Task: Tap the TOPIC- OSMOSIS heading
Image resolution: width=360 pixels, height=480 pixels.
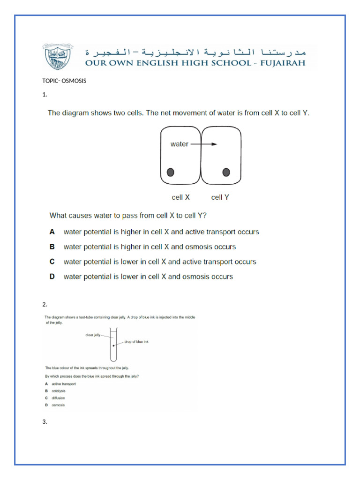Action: (64, 81)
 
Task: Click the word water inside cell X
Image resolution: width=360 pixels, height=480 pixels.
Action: (179, 144)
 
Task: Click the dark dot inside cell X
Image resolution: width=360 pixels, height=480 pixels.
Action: (171, 172)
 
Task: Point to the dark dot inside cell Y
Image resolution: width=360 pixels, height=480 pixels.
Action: (226, 172)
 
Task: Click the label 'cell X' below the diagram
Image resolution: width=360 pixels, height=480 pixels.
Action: (180, 197)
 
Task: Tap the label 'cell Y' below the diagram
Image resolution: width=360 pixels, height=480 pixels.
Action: (220, 197)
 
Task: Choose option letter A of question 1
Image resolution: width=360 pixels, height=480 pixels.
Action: (52, 232)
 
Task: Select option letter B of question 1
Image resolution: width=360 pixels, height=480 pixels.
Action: (52, 247)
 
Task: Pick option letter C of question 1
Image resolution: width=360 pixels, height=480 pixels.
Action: (52, 262)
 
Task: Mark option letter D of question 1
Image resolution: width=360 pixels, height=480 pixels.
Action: (52, 277)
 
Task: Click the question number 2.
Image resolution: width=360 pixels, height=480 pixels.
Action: (45, 305)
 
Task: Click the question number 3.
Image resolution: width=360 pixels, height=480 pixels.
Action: (45, 422)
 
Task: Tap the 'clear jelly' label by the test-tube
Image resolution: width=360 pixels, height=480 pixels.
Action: (93, 335)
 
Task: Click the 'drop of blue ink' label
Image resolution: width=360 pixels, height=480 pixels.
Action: (136, 342)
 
